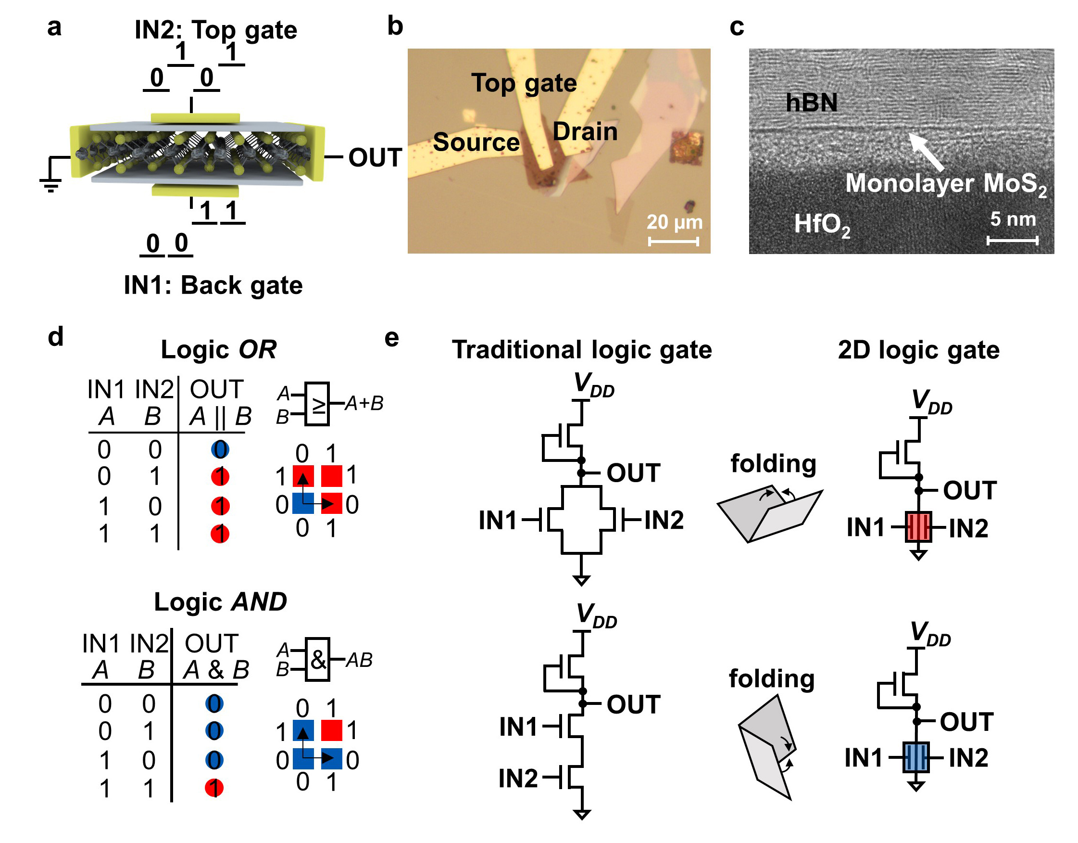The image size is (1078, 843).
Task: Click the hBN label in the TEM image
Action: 811,102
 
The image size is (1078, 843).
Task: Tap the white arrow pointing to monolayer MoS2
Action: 926,151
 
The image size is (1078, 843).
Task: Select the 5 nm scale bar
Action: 1012,241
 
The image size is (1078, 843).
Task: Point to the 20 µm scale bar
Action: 673,242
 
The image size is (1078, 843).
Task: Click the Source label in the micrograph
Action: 476,142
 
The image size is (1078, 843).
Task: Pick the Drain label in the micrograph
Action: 585,132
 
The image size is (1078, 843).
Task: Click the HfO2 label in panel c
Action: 822,225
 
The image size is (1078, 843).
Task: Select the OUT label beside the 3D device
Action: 375,157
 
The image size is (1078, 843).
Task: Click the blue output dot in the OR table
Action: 220,449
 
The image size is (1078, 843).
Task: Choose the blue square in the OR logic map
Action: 302,503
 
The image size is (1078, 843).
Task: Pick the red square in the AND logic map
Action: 331,730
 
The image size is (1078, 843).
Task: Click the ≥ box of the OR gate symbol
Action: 317,404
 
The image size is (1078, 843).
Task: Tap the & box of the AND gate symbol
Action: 317,659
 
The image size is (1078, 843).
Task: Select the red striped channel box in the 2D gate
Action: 918,527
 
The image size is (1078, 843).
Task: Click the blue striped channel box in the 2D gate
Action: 915,757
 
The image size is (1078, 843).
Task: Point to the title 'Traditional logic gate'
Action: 581,350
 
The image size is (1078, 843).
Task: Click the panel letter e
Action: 391,338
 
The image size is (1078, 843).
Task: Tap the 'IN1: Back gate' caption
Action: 213,285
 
